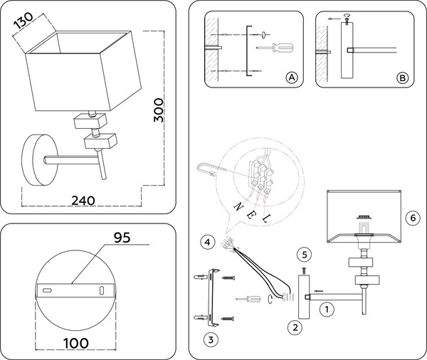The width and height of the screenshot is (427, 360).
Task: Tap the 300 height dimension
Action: (160, 110)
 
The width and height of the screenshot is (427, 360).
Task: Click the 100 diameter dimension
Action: (73, 343)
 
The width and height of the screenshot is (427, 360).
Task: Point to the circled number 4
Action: (206, 243)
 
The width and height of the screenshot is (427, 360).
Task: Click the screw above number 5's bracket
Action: (305, 270)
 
